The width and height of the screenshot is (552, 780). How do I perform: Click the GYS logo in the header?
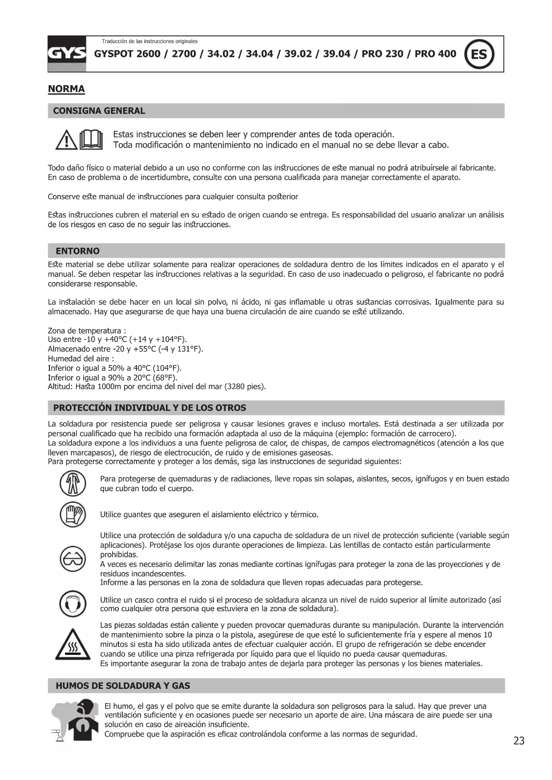[x=67, y=54]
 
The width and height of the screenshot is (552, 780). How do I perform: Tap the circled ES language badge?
[x=479, y=54]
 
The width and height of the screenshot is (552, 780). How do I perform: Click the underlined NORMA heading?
[x=66, y=89]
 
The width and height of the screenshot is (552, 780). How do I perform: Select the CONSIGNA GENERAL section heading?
[x=99, y=111]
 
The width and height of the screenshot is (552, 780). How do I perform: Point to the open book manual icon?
[x=91, y=140]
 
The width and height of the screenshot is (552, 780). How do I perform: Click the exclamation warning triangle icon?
[x=66, y=141]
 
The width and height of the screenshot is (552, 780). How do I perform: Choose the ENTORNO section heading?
[x=77, y=251]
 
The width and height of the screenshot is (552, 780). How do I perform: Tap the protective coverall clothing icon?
[x=73, y=483]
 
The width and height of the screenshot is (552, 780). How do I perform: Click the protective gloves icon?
[x=73, y=515]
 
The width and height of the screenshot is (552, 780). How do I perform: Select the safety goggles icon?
[x=73, y=559]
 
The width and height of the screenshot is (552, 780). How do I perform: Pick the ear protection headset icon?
[x=73, y=604]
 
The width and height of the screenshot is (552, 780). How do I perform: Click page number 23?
[x=519, y=741]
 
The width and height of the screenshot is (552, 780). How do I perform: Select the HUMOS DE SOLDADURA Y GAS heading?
[x=123, y=686]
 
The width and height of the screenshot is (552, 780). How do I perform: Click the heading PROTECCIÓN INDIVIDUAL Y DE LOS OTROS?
[x=149, y=408]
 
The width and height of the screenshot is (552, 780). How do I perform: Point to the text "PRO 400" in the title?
[x=435, y=54]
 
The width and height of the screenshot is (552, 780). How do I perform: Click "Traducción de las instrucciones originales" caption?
[x=149, y=41]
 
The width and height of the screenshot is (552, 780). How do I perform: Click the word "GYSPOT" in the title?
[x=113, y=54]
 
